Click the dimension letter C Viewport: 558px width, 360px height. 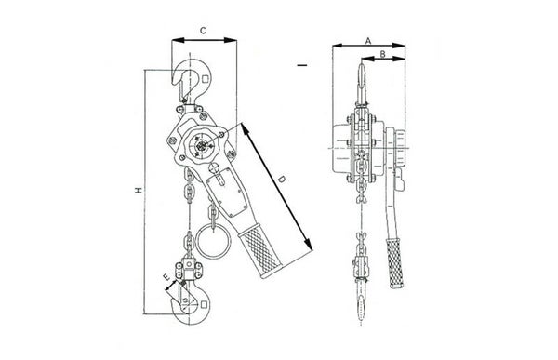coord(203,31)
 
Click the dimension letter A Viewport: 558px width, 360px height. coord(368,41)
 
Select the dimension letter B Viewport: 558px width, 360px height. coord(382,54)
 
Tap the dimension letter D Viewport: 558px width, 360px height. coord(282,180)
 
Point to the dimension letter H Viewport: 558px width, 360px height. coord(139,190)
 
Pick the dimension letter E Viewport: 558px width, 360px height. coord(166,277)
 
